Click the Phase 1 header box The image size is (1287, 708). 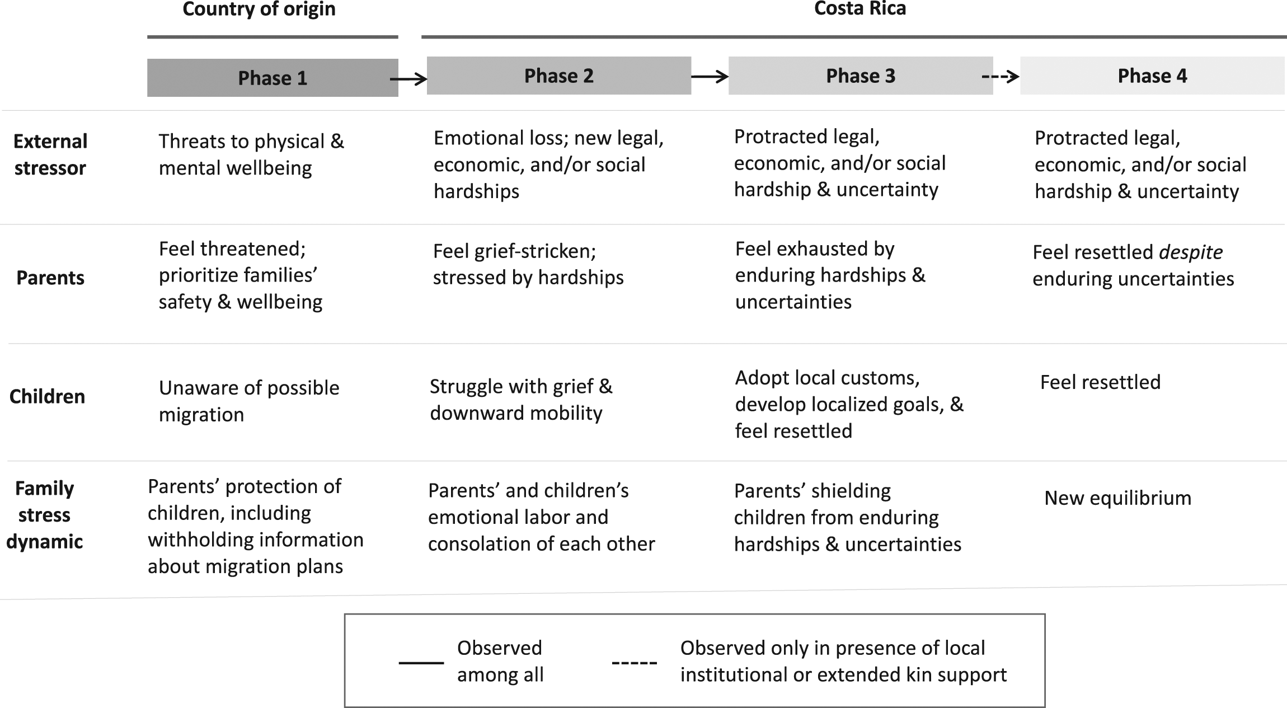(x=273, y=78)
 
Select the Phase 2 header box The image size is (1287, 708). (x=559, y=76)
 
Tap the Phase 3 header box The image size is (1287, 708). (x=861, y=76)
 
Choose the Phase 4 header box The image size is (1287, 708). (x=1152, y=76)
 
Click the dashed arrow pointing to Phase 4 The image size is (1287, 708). (x=1001, y=77)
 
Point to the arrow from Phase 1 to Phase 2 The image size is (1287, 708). (x=409, y=79)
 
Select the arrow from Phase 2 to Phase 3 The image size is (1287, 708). (x=710, y=77)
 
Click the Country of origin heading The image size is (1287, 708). (x=259, y=9)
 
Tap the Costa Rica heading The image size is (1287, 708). (x=860, y=8)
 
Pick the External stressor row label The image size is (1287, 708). (x=50, y=154)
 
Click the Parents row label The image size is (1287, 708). (x=50, y=278)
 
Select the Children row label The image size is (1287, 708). (x=48, y=396)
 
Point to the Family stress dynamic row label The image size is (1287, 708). (x=45, y=515)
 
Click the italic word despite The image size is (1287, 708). (x=1191, y=252)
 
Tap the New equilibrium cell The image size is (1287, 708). (x=1118, y=498)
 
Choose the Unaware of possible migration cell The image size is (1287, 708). (x=249, y=401)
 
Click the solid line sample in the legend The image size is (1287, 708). (x=421, y=663)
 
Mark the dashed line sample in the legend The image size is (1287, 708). (x=635, y=663)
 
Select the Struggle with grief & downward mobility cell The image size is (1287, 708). (x=521, y=400)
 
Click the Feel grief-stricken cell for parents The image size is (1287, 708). (x=528, y=264)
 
